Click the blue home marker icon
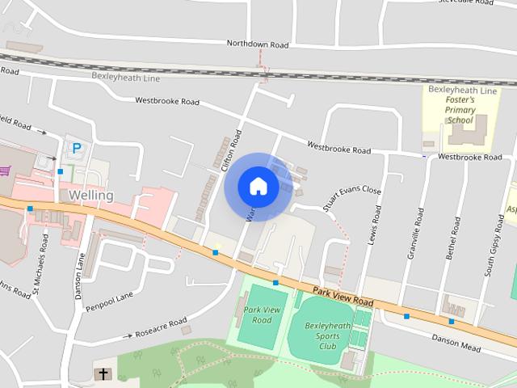tap(258, 187)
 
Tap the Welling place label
tap(91, 196)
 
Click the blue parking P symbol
tap(77, 148)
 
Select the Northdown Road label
tap(258, 43)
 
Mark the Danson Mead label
tap(456, 343)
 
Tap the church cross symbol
tap(103, 373)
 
